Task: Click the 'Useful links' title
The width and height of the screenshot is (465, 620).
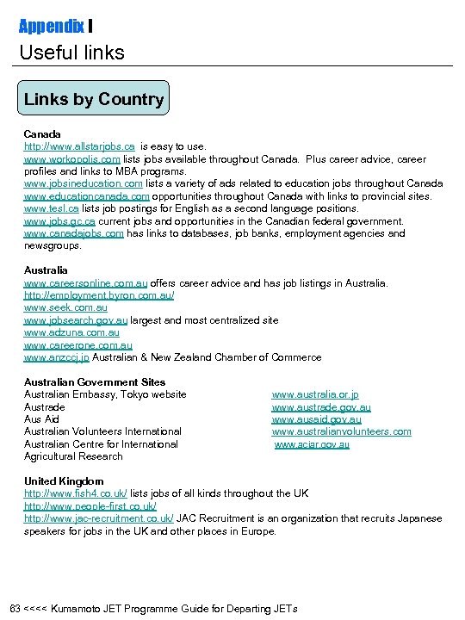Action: tap(72, 53)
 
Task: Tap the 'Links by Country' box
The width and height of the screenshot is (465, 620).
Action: tap(94, 99)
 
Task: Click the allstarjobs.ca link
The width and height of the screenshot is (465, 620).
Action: tap(79, 146)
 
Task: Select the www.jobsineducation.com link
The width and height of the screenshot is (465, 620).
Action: tap(83, 183)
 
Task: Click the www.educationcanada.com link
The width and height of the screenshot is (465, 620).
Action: tap(86, 196)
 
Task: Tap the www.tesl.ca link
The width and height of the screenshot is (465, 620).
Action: tap(52, 208)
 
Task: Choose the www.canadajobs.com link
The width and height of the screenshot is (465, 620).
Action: tap(73, 233)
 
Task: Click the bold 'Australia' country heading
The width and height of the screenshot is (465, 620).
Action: tap(46, 270)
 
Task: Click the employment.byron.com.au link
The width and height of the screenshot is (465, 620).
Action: tap(99, 295)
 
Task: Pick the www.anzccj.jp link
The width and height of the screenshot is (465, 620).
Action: tap(56, 357)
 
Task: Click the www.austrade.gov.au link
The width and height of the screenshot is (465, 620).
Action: tap(321, 407)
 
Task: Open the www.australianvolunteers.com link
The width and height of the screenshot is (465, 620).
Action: tap(341, 431)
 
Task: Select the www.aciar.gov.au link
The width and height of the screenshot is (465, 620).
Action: tap(312, 444)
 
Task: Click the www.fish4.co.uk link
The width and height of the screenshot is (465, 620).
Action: tap(76, 493)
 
